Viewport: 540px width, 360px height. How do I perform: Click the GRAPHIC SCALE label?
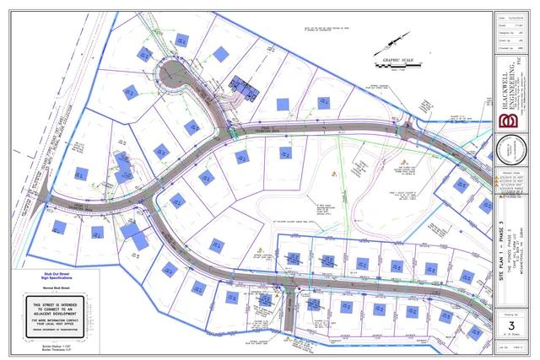point(396,61)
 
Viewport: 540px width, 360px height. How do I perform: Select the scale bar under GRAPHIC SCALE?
point(396,66)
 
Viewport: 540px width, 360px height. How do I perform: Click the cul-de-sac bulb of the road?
point(181,77)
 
